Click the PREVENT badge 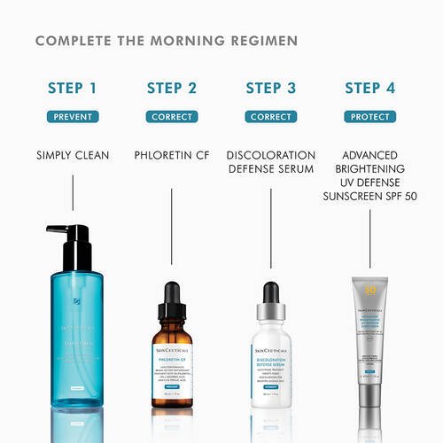[73, 116]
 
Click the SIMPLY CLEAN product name [73, 155]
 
